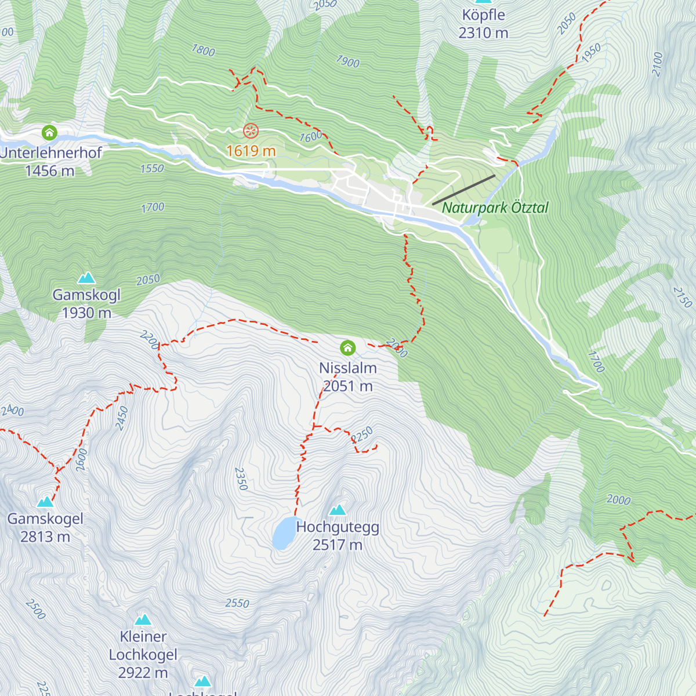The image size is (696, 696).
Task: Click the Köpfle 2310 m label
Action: pyautogui.click(x=483, y=24)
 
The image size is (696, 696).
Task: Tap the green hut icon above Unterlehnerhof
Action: pyautogui.click(x=50, y=133)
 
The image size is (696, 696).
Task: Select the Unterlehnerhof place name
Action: pyautogui.click(x=51, y=153)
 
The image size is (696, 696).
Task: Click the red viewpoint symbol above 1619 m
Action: pyautogui.click(x=251, y=131)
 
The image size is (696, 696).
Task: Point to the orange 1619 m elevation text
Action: pyautogui.click(x=251, y=151)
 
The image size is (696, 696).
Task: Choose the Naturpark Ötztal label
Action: pyautogui.click(x=495, y=208)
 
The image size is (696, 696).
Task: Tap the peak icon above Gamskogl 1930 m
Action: pyautogui.click(x=86, y=278)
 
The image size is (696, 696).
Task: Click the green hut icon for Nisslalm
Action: pyautogui.click(x=347, y=348)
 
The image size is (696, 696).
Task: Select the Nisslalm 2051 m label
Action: pyautogui.click(x=348, y=377)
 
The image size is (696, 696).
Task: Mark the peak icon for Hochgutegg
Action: pyautogui.click(x=338, y=510)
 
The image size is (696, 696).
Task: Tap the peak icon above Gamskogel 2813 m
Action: pyautogui.click(x=45, y=502)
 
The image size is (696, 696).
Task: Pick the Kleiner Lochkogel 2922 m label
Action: pyautogui.click(x=143, y=654)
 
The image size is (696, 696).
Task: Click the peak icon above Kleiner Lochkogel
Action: pyautogui.click(x=143, y=620)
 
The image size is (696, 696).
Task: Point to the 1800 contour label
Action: pyautogui.click(x=204, y=51)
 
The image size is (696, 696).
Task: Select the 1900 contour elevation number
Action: pyautogui.click(x=347, y=61)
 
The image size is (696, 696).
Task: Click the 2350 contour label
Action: pyautogui.click(x=241, y=478)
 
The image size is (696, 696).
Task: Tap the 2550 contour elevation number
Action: pyautogui.click(x=237, y=603)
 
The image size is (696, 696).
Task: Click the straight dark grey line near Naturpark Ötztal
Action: pyautogui.click(x=463, y=190)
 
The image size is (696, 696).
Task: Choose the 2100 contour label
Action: pyautogui.click(x=657, y=64)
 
